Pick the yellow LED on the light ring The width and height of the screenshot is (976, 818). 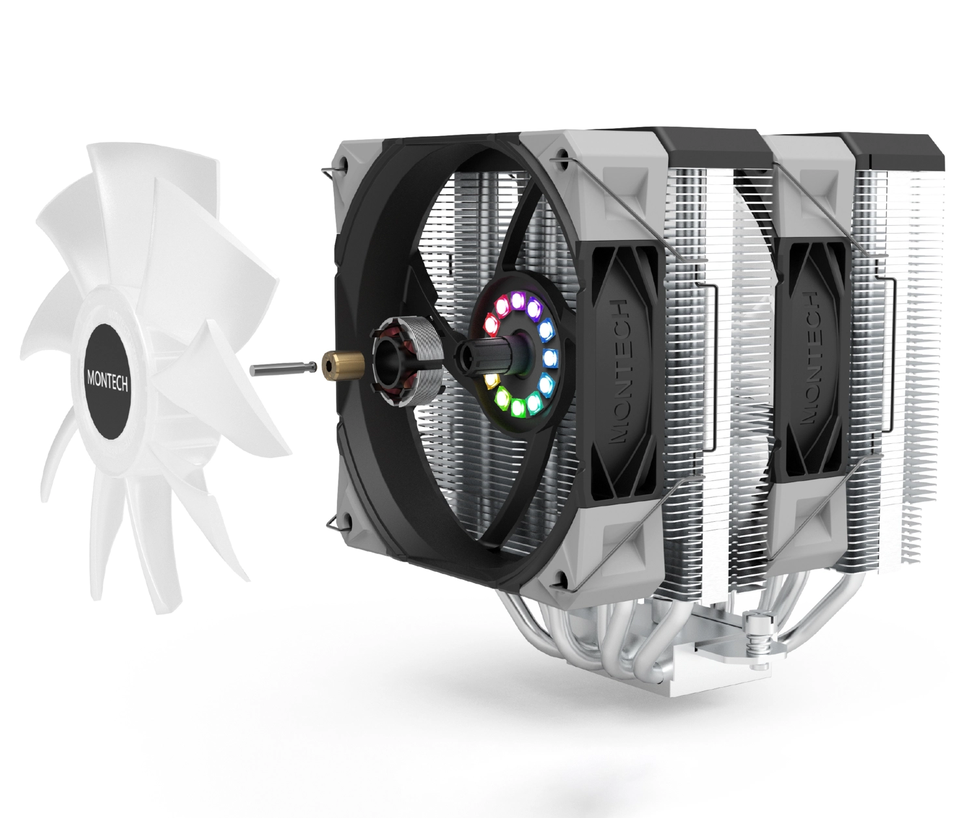coord(491,381)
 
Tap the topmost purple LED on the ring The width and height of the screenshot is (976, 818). coord(517,300)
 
